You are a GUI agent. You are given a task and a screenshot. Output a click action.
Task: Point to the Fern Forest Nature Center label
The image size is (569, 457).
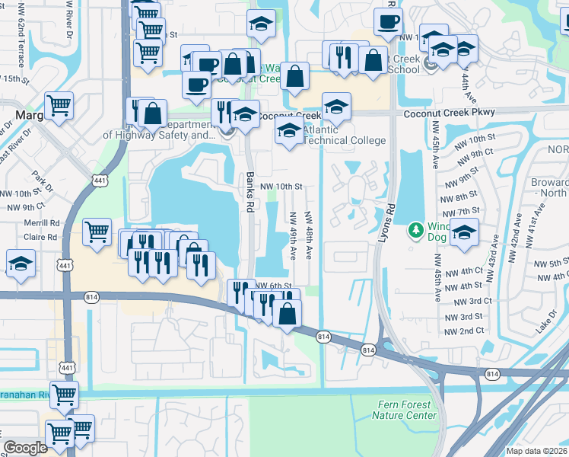coord(405,410)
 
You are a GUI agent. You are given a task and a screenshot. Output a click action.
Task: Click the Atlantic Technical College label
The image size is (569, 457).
coord(344,135)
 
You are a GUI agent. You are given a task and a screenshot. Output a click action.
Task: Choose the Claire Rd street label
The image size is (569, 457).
coord(41,237)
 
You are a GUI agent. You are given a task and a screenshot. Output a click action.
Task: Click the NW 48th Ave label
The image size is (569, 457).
coord(309,235)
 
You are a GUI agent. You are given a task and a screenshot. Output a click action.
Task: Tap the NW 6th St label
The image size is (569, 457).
coord(274,285)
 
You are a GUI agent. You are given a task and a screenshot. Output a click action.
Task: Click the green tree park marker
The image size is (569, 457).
coord(415,228)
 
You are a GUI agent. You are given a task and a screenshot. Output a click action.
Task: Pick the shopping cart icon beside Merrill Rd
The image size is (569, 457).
coord(97,232)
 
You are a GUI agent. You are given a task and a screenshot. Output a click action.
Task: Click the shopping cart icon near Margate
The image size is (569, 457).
coord(59,105)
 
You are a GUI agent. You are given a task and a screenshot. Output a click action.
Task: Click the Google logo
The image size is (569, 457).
coord(25,448)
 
